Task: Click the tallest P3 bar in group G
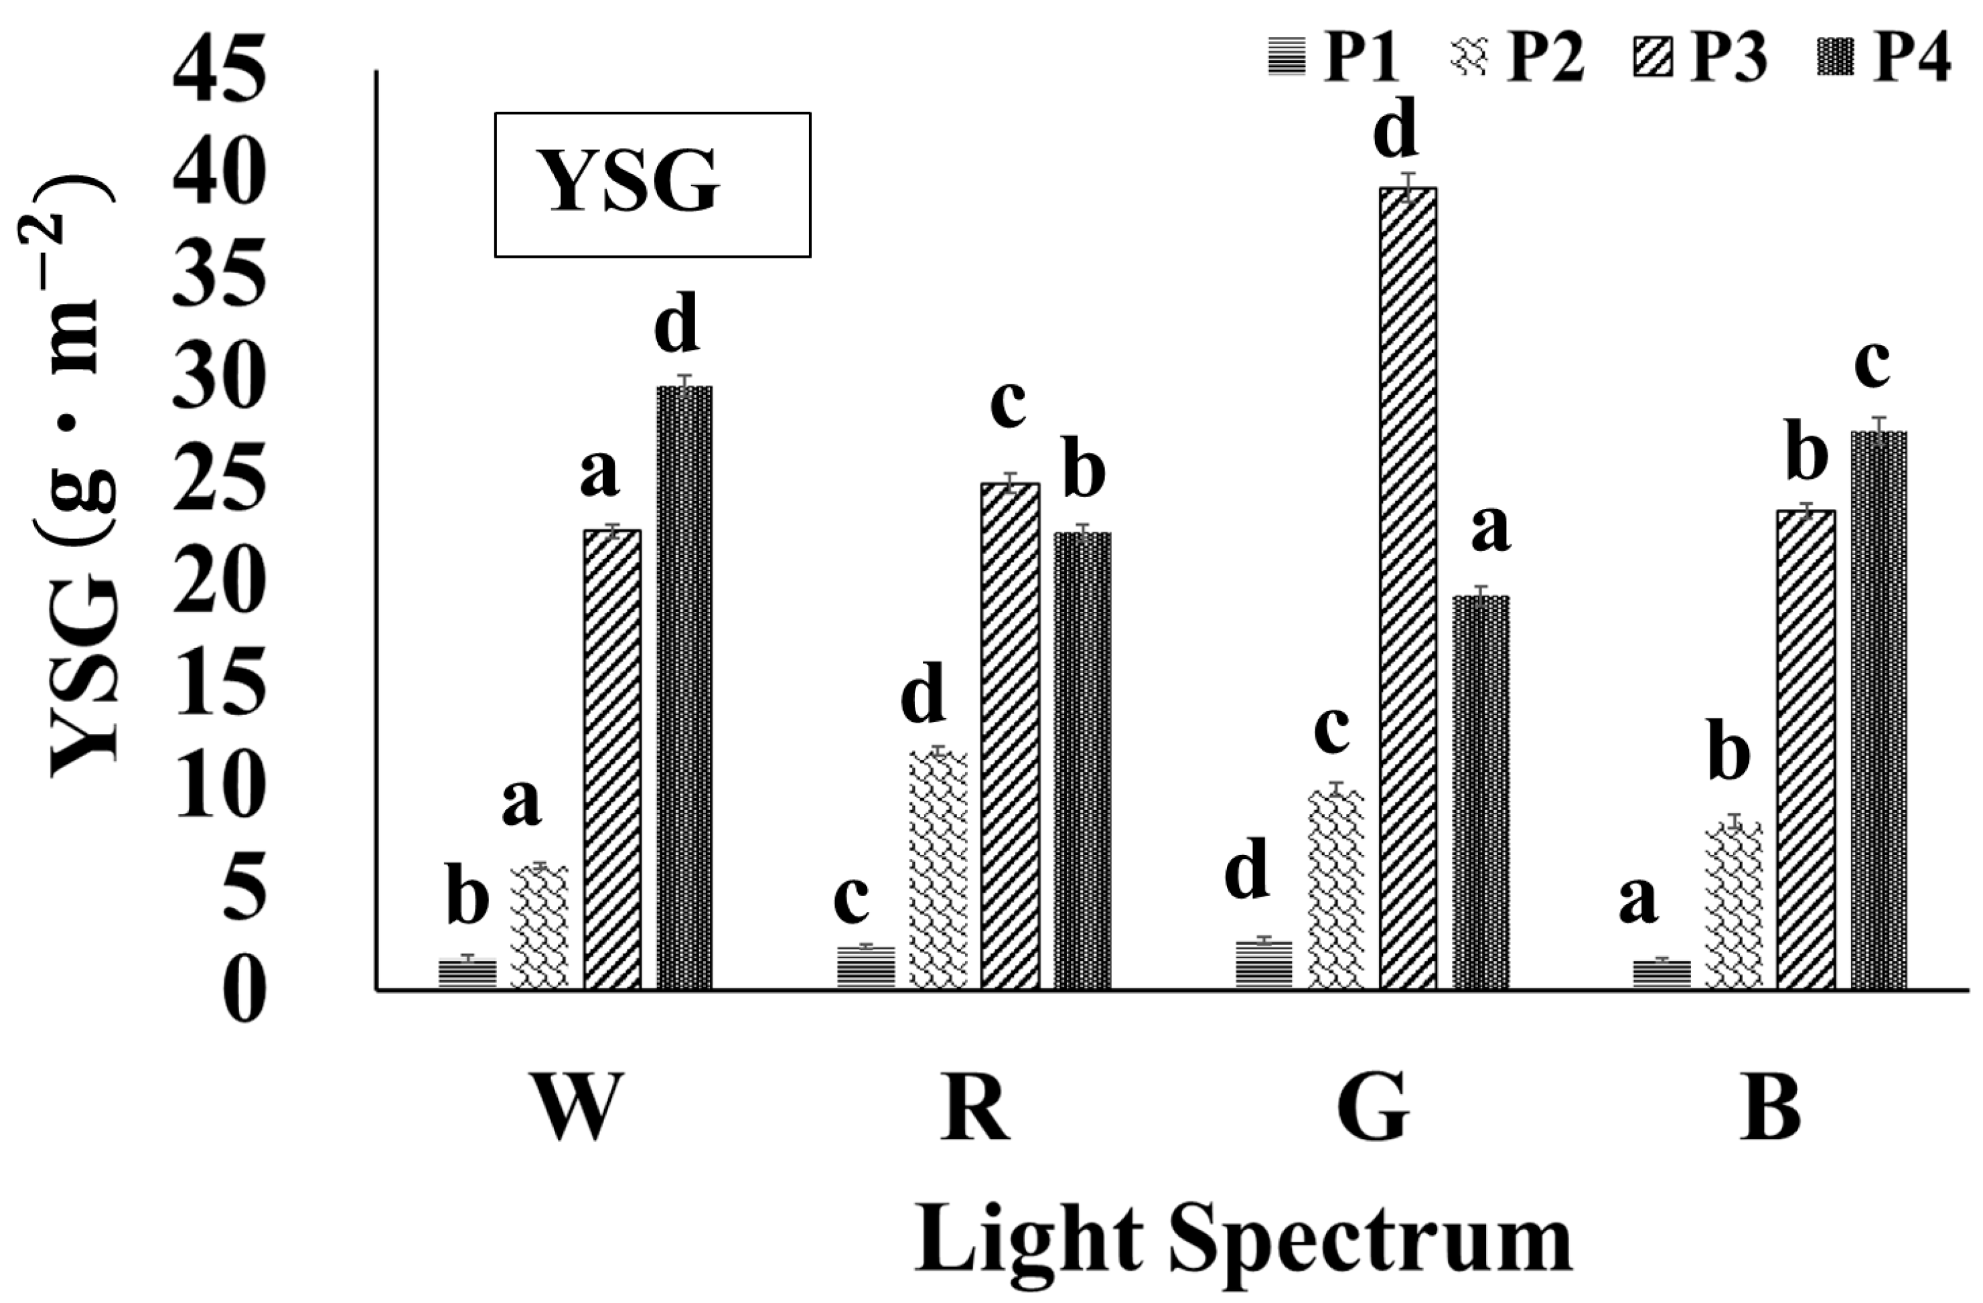click(1408, 587)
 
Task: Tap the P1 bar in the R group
click(866, 968)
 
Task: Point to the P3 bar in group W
click(612, 759)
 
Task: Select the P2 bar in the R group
click(938, 870)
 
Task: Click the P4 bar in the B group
click(1879, 710)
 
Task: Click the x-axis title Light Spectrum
click(1243, 1242)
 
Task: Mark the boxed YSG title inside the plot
click(652, 184)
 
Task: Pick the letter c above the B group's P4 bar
click(1872, 364)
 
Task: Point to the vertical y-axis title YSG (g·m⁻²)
click(79, 479)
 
